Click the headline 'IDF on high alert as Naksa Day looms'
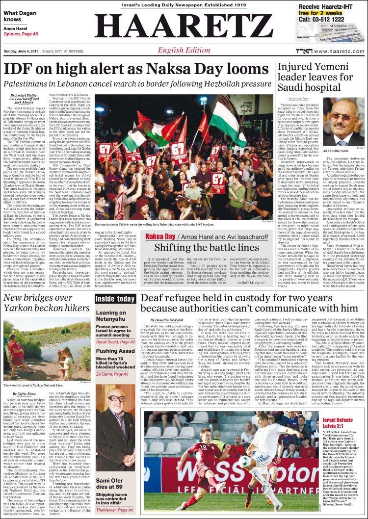point(137,70)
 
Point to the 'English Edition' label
point(184,51)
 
